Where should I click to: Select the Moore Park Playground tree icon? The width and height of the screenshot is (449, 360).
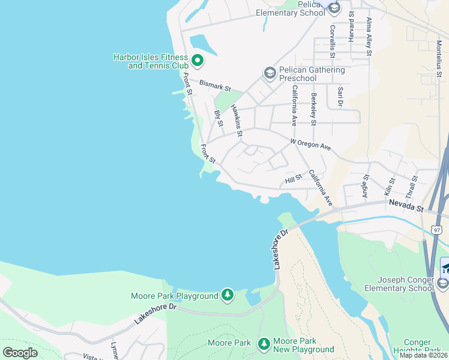(227, 295)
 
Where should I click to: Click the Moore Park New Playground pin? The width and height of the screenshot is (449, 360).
(264, 344)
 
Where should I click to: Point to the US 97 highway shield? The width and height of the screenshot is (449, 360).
(436, 230)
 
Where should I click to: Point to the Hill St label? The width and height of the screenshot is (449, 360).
(293, 179)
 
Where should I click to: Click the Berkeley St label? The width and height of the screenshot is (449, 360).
(313, 109)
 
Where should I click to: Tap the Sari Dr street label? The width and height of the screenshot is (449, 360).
(340, 97)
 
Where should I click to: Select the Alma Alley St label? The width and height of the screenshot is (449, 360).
(369, 37)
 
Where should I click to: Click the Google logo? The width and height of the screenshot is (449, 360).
(20, 352)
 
